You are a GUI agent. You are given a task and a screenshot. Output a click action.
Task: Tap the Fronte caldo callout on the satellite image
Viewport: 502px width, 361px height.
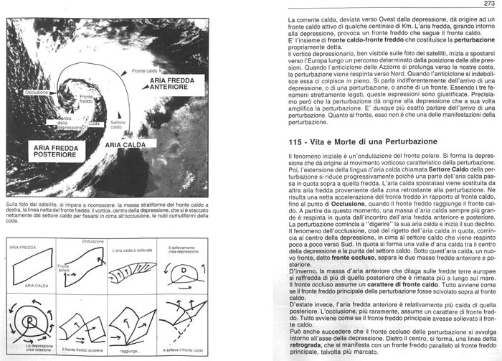(145, 71)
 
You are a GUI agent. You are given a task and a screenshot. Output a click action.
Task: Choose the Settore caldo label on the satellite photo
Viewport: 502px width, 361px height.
(118, 126)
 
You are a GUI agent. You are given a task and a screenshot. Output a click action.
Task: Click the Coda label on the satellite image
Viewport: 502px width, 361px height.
(94, 123)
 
